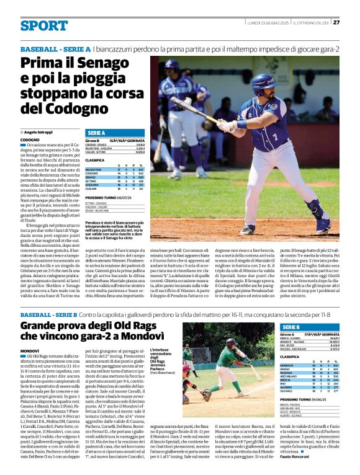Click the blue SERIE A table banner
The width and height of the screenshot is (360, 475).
96,133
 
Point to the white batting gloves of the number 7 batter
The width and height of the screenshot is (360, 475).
224,126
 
